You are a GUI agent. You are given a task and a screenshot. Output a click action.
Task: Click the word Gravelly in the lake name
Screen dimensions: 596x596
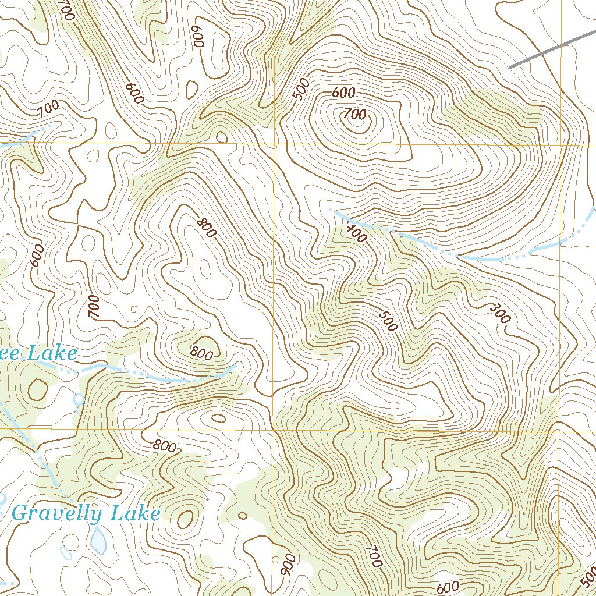(50, 514)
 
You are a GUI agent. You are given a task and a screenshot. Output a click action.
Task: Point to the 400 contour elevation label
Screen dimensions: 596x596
(356, 232)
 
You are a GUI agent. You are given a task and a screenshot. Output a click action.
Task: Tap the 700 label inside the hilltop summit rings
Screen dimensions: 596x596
(354, 113)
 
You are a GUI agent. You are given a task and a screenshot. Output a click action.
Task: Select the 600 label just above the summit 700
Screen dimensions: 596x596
(343, 93)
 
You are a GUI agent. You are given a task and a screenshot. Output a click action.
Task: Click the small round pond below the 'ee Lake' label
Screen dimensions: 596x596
(78, 399)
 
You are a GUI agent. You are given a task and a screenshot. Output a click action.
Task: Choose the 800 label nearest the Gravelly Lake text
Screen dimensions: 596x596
(165, 446)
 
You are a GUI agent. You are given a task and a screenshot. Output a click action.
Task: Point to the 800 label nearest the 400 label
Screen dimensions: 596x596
(206, 227)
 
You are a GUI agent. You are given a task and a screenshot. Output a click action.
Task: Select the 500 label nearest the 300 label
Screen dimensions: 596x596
(388, 321)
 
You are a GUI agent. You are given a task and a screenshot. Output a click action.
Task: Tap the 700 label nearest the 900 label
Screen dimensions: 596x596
(374, 556)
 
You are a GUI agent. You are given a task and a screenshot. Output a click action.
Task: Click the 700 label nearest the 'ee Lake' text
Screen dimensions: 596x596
(94, 307)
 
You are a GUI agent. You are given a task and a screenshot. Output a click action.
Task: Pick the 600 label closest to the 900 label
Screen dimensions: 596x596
(447, 586)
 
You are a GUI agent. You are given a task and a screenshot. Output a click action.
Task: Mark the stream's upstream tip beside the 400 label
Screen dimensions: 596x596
(330, 209)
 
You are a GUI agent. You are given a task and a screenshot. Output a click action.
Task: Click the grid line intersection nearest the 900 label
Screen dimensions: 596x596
(274, 430)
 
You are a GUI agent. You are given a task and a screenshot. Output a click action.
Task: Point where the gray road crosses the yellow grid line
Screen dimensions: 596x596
(562, 45)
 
